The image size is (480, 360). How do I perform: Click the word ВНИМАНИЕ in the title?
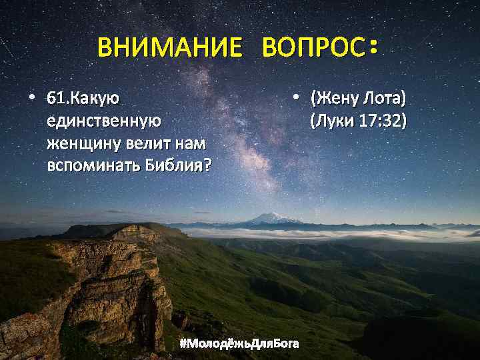[169, 48]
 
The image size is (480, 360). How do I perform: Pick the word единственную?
[104, 121]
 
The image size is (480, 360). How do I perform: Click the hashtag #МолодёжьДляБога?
[239, 343]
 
